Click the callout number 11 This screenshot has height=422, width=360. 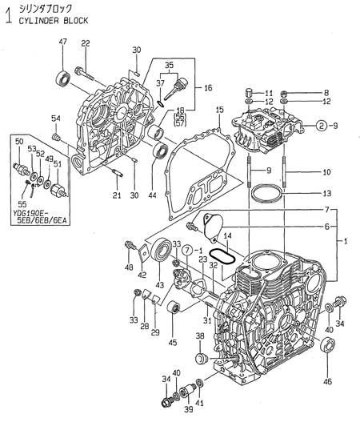pos(270,92)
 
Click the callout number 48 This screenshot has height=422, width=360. pos(129,267)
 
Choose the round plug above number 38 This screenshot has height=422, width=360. pos(202,355)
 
